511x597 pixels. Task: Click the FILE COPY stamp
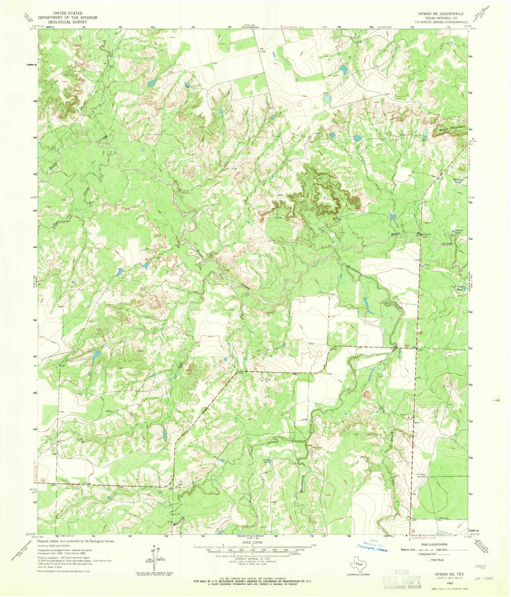coord(401,580)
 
